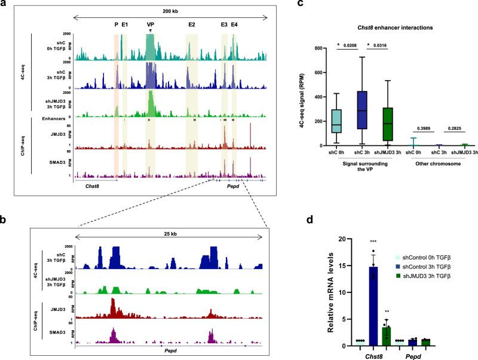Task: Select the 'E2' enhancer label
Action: coord(191,25)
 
